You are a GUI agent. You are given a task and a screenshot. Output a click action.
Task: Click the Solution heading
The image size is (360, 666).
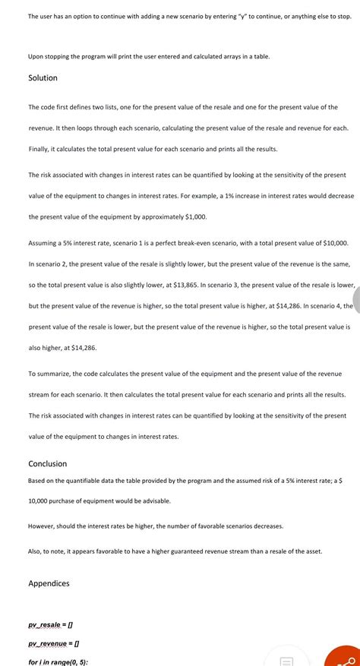(x=43, y=78)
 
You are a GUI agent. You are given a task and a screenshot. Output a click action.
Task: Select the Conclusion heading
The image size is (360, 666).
(x=47, y=464)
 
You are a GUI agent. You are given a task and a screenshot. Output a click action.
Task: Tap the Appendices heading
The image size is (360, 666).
(x=49, y=583)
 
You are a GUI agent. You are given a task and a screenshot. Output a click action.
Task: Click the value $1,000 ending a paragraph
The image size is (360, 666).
(x=194, y=216)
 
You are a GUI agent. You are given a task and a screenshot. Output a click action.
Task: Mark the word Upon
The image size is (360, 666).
(x=36, y=56)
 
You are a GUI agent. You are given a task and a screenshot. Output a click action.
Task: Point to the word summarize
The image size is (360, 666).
(x=57, y=374)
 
